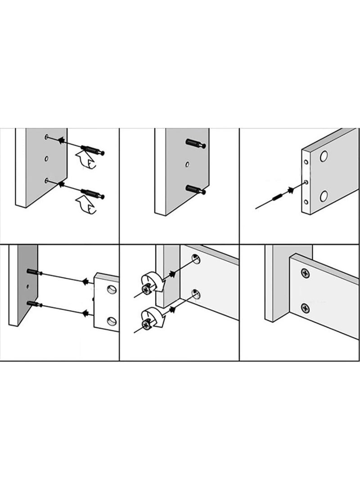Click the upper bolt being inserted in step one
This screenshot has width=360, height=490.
pyautogui.click(x=93, y=150)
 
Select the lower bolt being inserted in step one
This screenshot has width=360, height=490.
pyautogui.click(x=93, y=194)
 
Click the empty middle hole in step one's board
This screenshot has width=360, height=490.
pyautogui.click(x=46, y=158)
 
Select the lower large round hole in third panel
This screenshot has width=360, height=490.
pyautogui.click(x=324, y=196)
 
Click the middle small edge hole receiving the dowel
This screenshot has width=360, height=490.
pyautogui.click(x=306, y=182)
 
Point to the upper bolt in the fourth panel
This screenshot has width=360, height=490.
pyautogui.click(x=35, y=272)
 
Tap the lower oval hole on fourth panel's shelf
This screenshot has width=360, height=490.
pyautogui.click(x=111, y=321)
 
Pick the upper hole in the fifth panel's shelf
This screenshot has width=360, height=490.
pyautogui.click(x=196, y=259)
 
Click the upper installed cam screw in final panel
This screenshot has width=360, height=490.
pyautogui.click(x=305, y=273)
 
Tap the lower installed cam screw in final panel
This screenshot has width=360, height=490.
pyautogui.click(x=305, y=308)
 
